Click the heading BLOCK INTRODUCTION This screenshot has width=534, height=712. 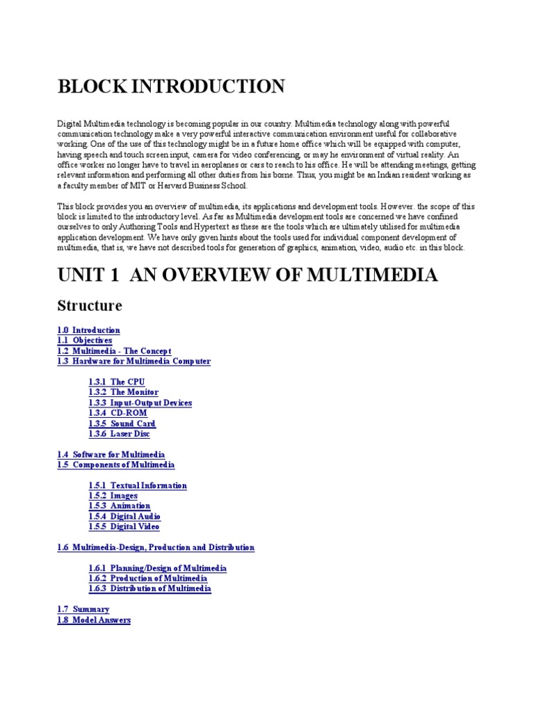pyautogui.click(x=170, y=87)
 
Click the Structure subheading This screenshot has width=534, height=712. pyautogui.click(x=90, y=306)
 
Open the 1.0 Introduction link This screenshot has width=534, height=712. pyautogui.click(x=88, y=330)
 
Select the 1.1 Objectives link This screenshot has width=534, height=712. pyautogui.click(x=84, y=341)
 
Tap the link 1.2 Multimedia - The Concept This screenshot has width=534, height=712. pyautogui.click(x=114, y=351)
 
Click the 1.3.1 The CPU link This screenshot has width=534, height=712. pyautogui.click(x=117, y=382)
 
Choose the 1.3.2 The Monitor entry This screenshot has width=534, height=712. pyautogui.click(x=123, y=393)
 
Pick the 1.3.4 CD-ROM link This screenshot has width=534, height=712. pyautogui.click(x=118, y=413)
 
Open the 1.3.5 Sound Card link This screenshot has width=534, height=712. pyautogui.click(x=122, y=423)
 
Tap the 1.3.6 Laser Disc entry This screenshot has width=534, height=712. pyautogui.click(x=119, y=434)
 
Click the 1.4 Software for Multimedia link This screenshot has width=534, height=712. pyautogui.click(x=111, y=455)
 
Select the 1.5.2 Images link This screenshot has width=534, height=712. pyautogui.click(x=113, y=496)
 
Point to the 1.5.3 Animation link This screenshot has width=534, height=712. pyautogui.click(x=119, y=506)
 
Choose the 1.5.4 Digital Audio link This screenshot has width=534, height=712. pyautogui.click(x=124, y=517)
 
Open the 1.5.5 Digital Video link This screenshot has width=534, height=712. pyautogui.click(x=124, y=527)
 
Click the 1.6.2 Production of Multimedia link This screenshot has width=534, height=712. pyautogui.click(x=147, y=578)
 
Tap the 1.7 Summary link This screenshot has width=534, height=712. pyautogui.click(x=83, y=609)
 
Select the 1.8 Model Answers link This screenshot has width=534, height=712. pyautogui.click(x=94, y=620)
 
